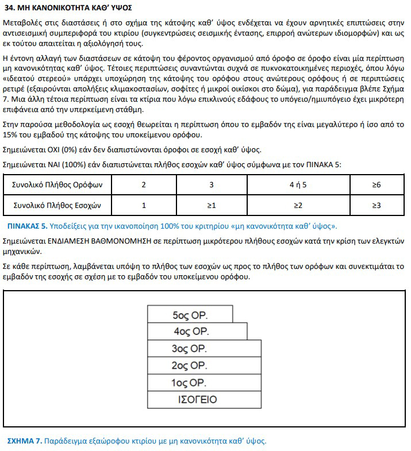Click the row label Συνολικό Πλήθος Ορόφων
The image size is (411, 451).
click(x=57, y=185)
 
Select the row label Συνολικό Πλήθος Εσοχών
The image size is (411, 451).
click(x=57, y=205)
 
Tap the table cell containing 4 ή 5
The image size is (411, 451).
click(x=297, y=185)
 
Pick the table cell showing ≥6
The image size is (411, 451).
click(x=377, y=185)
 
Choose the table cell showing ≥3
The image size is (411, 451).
click(x=377, y=205)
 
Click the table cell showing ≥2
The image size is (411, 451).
click(x=297, y=205)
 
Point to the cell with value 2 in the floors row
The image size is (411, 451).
click(x=144, y=185)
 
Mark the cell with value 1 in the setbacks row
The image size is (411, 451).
click(x=144, y=205)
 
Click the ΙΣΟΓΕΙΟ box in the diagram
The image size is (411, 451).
click(x=197, y=399)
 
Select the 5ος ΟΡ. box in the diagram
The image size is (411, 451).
click(x=190, y=315)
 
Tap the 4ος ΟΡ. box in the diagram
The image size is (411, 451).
click(x=197, y=331)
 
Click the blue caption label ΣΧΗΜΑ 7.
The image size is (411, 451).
click(x=24, y=441)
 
